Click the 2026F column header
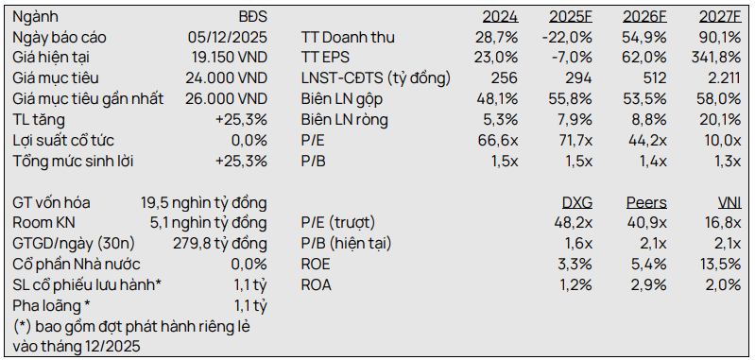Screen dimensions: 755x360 [644, 17]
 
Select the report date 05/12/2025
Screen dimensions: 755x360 [228, 38]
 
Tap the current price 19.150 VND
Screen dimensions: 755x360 [230, 58]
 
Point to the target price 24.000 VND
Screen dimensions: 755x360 [226, 78]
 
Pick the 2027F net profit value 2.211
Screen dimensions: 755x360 [724, 78]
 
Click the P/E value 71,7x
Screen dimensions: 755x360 [574, 141]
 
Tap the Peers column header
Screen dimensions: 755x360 [646, 202]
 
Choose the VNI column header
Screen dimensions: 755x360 [729, 202]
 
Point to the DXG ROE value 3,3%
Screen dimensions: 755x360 [575, 265]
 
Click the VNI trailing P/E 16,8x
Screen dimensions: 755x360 [723, 223]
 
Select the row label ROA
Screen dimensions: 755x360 [317, 285]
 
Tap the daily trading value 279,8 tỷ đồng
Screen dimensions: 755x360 [220, 244]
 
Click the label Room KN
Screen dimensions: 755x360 [43, 223]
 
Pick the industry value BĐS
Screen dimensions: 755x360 [253, 17]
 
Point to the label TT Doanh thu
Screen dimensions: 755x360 [348, 38]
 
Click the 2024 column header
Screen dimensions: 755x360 [500, 17]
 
